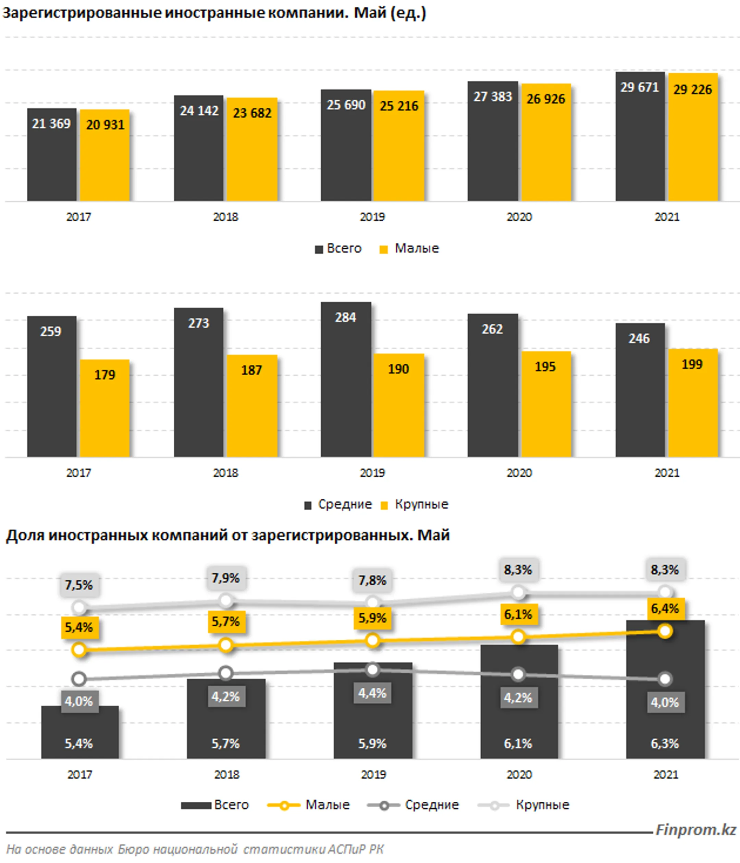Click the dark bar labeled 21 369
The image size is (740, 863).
tap(52, 158)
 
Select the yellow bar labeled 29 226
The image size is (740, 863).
tap(693, 142)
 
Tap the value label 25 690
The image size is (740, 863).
tap(345, 105)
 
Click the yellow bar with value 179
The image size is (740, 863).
tap(104, 412)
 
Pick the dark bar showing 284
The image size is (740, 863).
tap(345, 383)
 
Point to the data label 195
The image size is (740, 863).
tap(545, 366)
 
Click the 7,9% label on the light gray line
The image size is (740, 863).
tap(225, 578)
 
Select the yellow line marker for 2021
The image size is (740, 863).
tap(665, 631)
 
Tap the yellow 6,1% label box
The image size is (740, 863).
tap(518, 614)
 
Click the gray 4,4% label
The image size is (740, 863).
tap(372, 693)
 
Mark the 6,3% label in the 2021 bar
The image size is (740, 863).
tap(665, 743)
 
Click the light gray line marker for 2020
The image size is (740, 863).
tap(518, 592)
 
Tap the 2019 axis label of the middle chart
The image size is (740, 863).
tap(372, 473)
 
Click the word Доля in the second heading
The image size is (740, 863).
tap(25, 535)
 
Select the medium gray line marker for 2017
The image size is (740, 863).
tap(79, 679)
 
